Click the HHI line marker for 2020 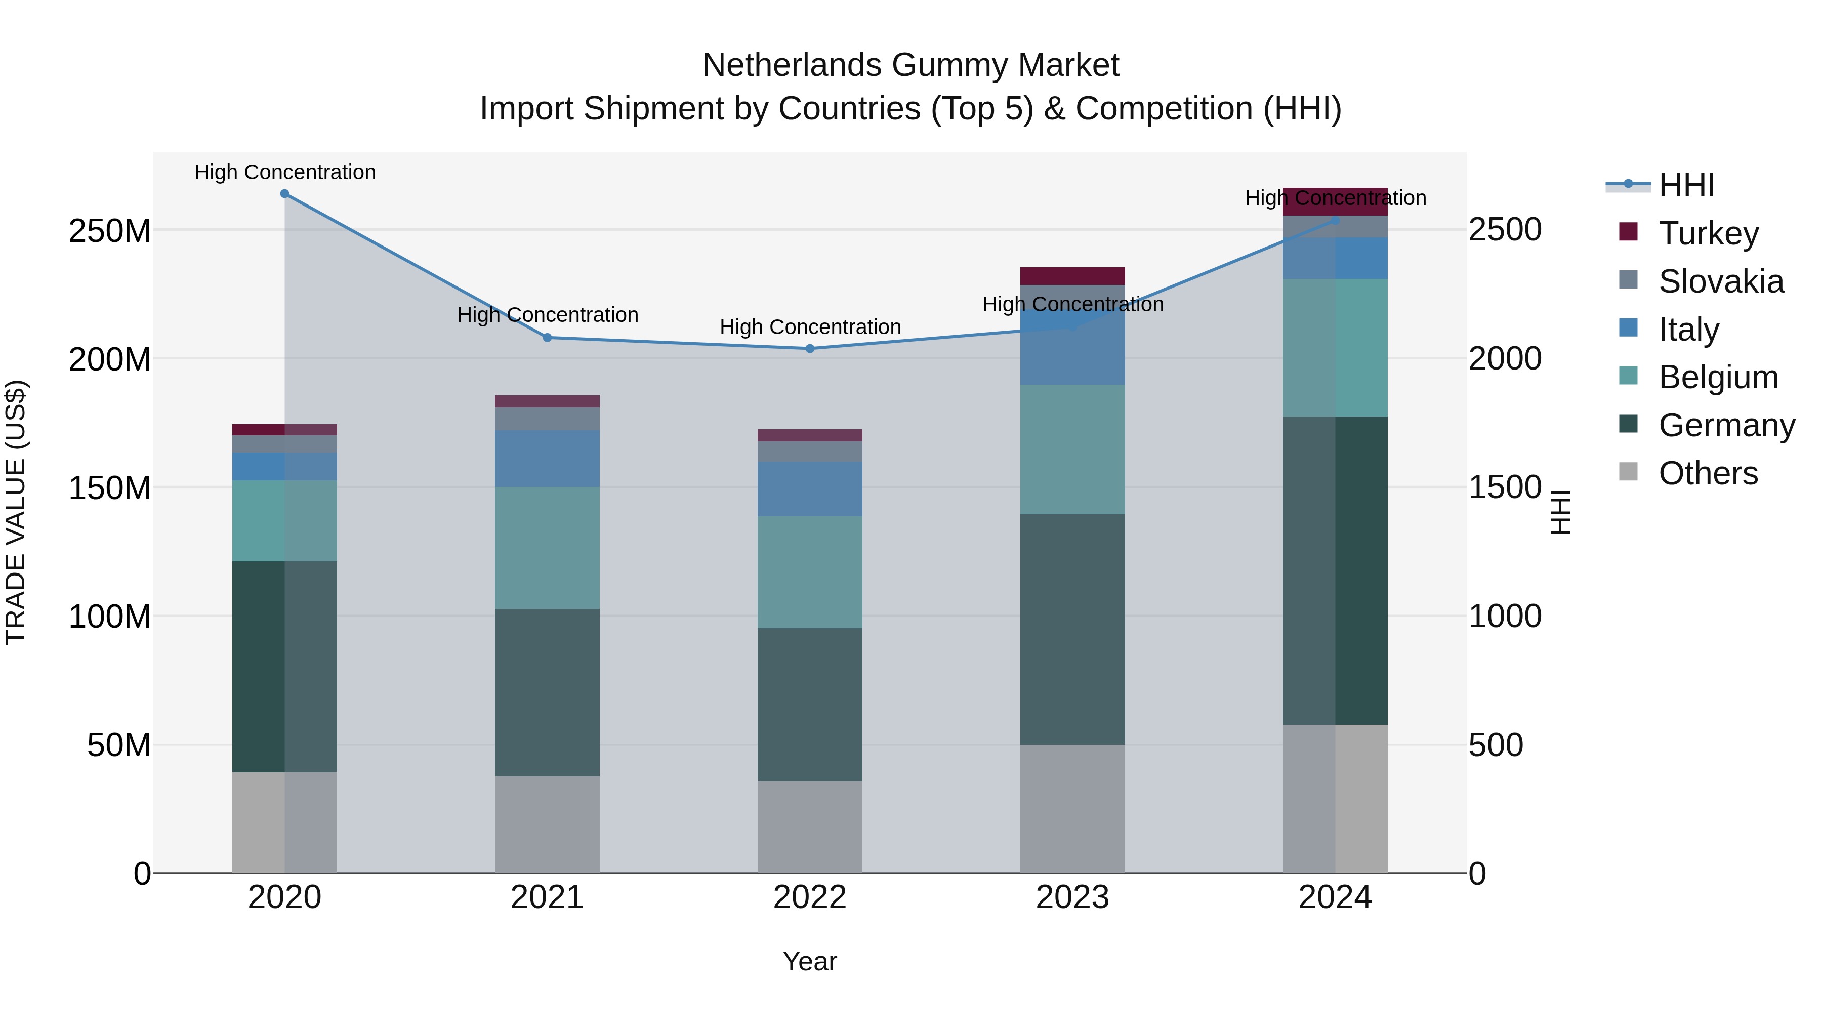pos(284,194)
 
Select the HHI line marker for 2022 pos(810,349)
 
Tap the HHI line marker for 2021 pos(547,338)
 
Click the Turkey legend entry pos(1708,233)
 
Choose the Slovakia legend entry pos(1720,281)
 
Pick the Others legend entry pos(1708,473)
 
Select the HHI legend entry pos(1686,185)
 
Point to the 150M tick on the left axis pos(110,488)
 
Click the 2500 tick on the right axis pos(1505,230)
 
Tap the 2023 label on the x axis pos(1072,897)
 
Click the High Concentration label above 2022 pos(810,327)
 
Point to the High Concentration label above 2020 pos(285,173)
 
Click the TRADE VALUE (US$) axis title pos(16,512)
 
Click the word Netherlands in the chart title pos(792,65)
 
